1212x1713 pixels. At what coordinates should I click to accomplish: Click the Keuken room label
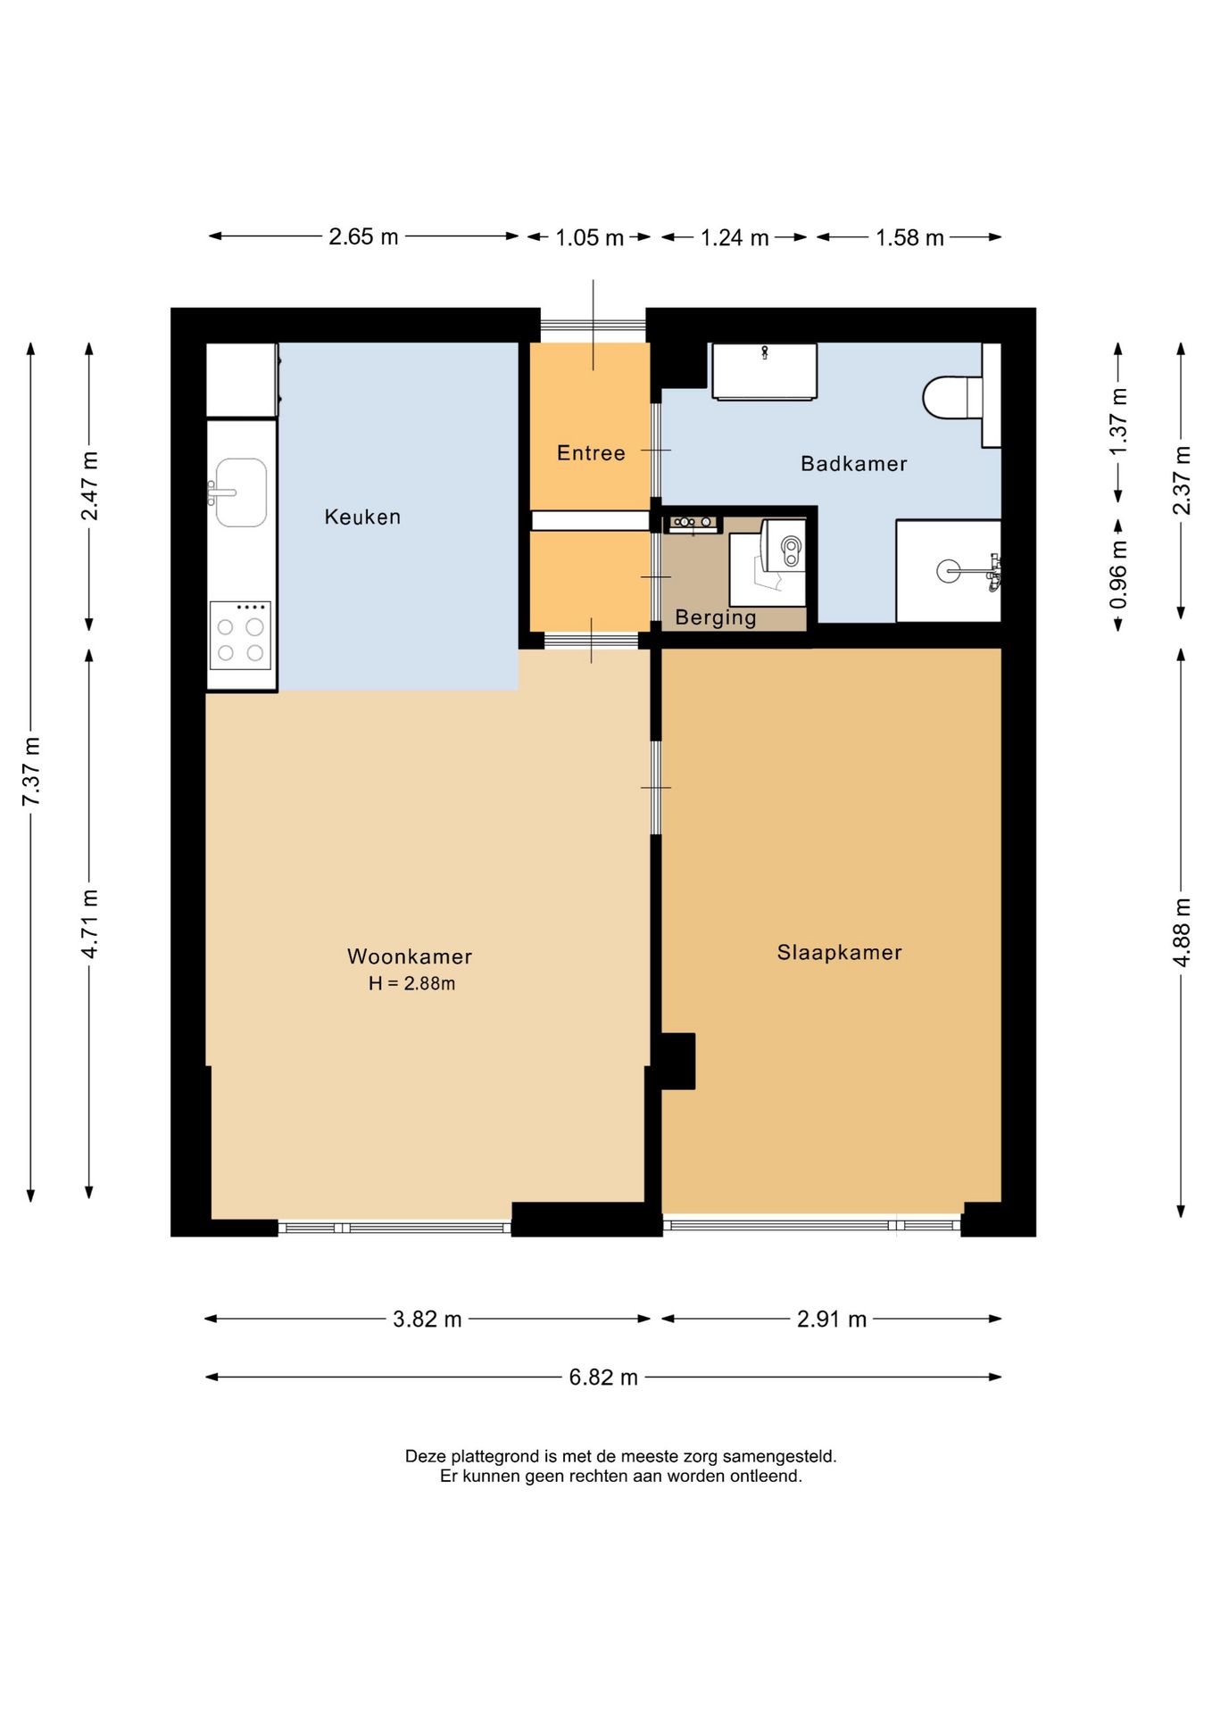[362, 517]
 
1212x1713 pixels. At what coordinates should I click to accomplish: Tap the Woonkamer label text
[410, 956]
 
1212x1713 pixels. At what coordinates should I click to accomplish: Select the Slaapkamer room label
[839, 952]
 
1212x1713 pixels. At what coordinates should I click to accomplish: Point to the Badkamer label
[853, 463]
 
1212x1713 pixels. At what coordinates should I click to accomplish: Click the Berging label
[716, 617]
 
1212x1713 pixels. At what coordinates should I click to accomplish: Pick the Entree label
[591, 453]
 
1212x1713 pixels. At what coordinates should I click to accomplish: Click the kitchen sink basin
[241, 492]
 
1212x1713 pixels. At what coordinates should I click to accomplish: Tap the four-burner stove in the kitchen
[240, 635]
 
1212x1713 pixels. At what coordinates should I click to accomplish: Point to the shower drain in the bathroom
[948, 571]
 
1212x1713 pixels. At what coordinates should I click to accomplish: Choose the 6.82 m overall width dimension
[603, 1377]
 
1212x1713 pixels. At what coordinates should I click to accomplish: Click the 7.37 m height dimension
[31, 772]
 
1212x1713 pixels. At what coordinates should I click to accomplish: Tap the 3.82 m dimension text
[428, 1319]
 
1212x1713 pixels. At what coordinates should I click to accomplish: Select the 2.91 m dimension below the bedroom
[831, 1319]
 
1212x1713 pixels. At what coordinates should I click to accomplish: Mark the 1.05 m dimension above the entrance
[589, 237]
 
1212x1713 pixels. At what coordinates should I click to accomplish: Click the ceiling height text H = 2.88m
[412, 983]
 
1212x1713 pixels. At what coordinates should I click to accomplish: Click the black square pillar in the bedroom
[677, 1061]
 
